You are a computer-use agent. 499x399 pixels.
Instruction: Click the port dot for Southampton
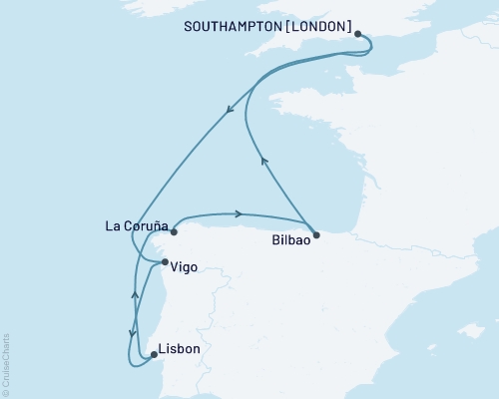point(357,33)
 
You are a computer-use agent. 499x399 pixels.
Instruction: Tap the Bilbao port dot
point(316,235)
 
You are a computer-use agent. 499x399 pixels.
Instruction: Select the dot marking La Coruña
point(174,231)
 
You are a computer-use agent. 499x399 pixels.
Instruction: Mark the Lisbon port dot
point(153,353)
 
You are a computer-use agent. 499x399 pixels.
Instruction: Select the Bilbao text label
point(292,240)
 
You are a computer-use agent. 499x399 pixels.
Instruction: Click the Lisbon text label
point(181,349)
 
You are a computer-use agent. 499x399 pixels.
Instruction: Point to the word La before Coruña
point(112,225)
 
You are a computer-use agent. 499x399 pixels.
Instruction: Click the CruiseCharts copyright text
point(6,364)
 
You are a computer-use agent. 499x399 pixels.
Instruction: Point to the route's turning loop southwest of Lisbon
point(130,360)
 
